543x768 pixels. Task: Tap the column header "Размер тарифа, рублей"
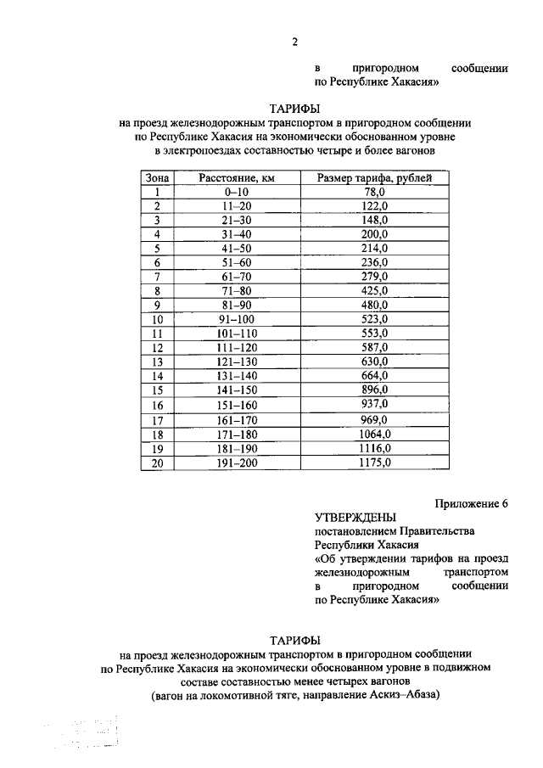point(374,177)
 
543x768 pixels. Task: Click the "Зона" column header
point(157,177)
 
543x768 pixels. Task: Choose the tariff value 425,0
point(374,291)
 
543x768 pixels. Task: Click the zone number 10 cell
point(157,320)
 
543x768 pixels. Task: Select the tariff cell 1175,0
point(374,463)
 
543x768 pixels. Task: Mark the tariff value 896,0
point(374,390)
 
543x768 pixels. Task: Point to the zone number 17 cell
point(157,420)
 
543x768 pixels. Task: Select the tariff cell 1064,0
point(374,434)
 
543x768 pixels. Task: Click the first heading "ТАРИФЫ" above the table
point(294,109)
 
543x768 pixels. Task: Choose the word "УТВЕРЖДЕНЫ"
point(355,516)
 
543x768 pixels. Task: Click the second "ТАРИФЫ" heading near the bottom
point(294,638)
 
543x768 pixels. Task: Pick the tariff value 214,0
point(374,249)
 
